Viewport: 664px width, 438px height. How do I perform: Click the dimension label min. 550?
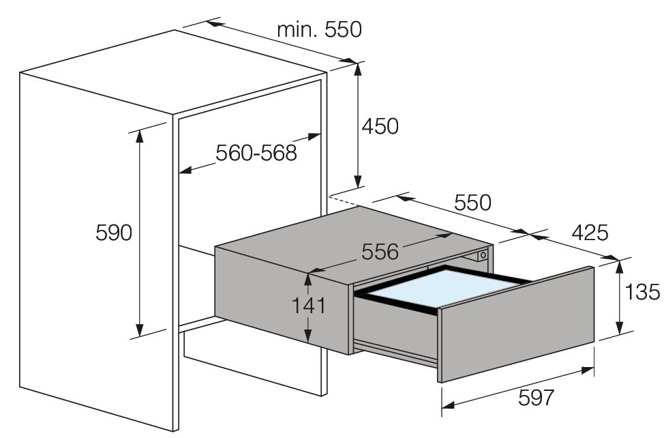319,29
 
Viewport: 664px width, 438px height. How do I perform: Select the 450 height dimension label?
380,126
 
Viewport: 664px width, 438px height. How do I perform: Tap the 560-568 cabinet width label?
256,153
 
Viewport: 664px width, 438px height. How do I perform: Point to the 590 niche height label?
114,233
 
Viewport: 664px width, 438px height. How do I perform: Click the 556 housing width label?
380,252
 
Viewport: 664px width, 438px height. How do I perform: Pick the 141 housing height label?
309,305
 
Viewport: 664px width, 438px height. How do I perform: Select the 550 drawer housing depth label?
472,203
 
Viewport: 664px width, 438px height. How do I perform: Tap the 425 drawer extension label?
590,233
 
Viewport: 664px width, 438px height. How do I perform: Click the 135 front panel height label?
642,292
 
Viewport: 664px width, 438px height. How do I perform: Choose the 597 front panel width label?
536,397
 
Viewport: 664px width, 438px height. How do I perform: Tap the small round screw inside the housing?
483,255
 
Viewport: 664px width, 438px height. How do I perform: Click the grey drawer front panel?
517,324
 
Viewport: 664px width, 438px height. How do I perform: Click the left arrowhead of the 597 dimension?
448,405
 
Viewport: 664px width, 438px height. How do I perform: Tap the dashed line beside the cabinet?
343,199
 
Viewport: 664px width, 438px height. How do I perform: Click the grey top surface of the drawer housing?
354,240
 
